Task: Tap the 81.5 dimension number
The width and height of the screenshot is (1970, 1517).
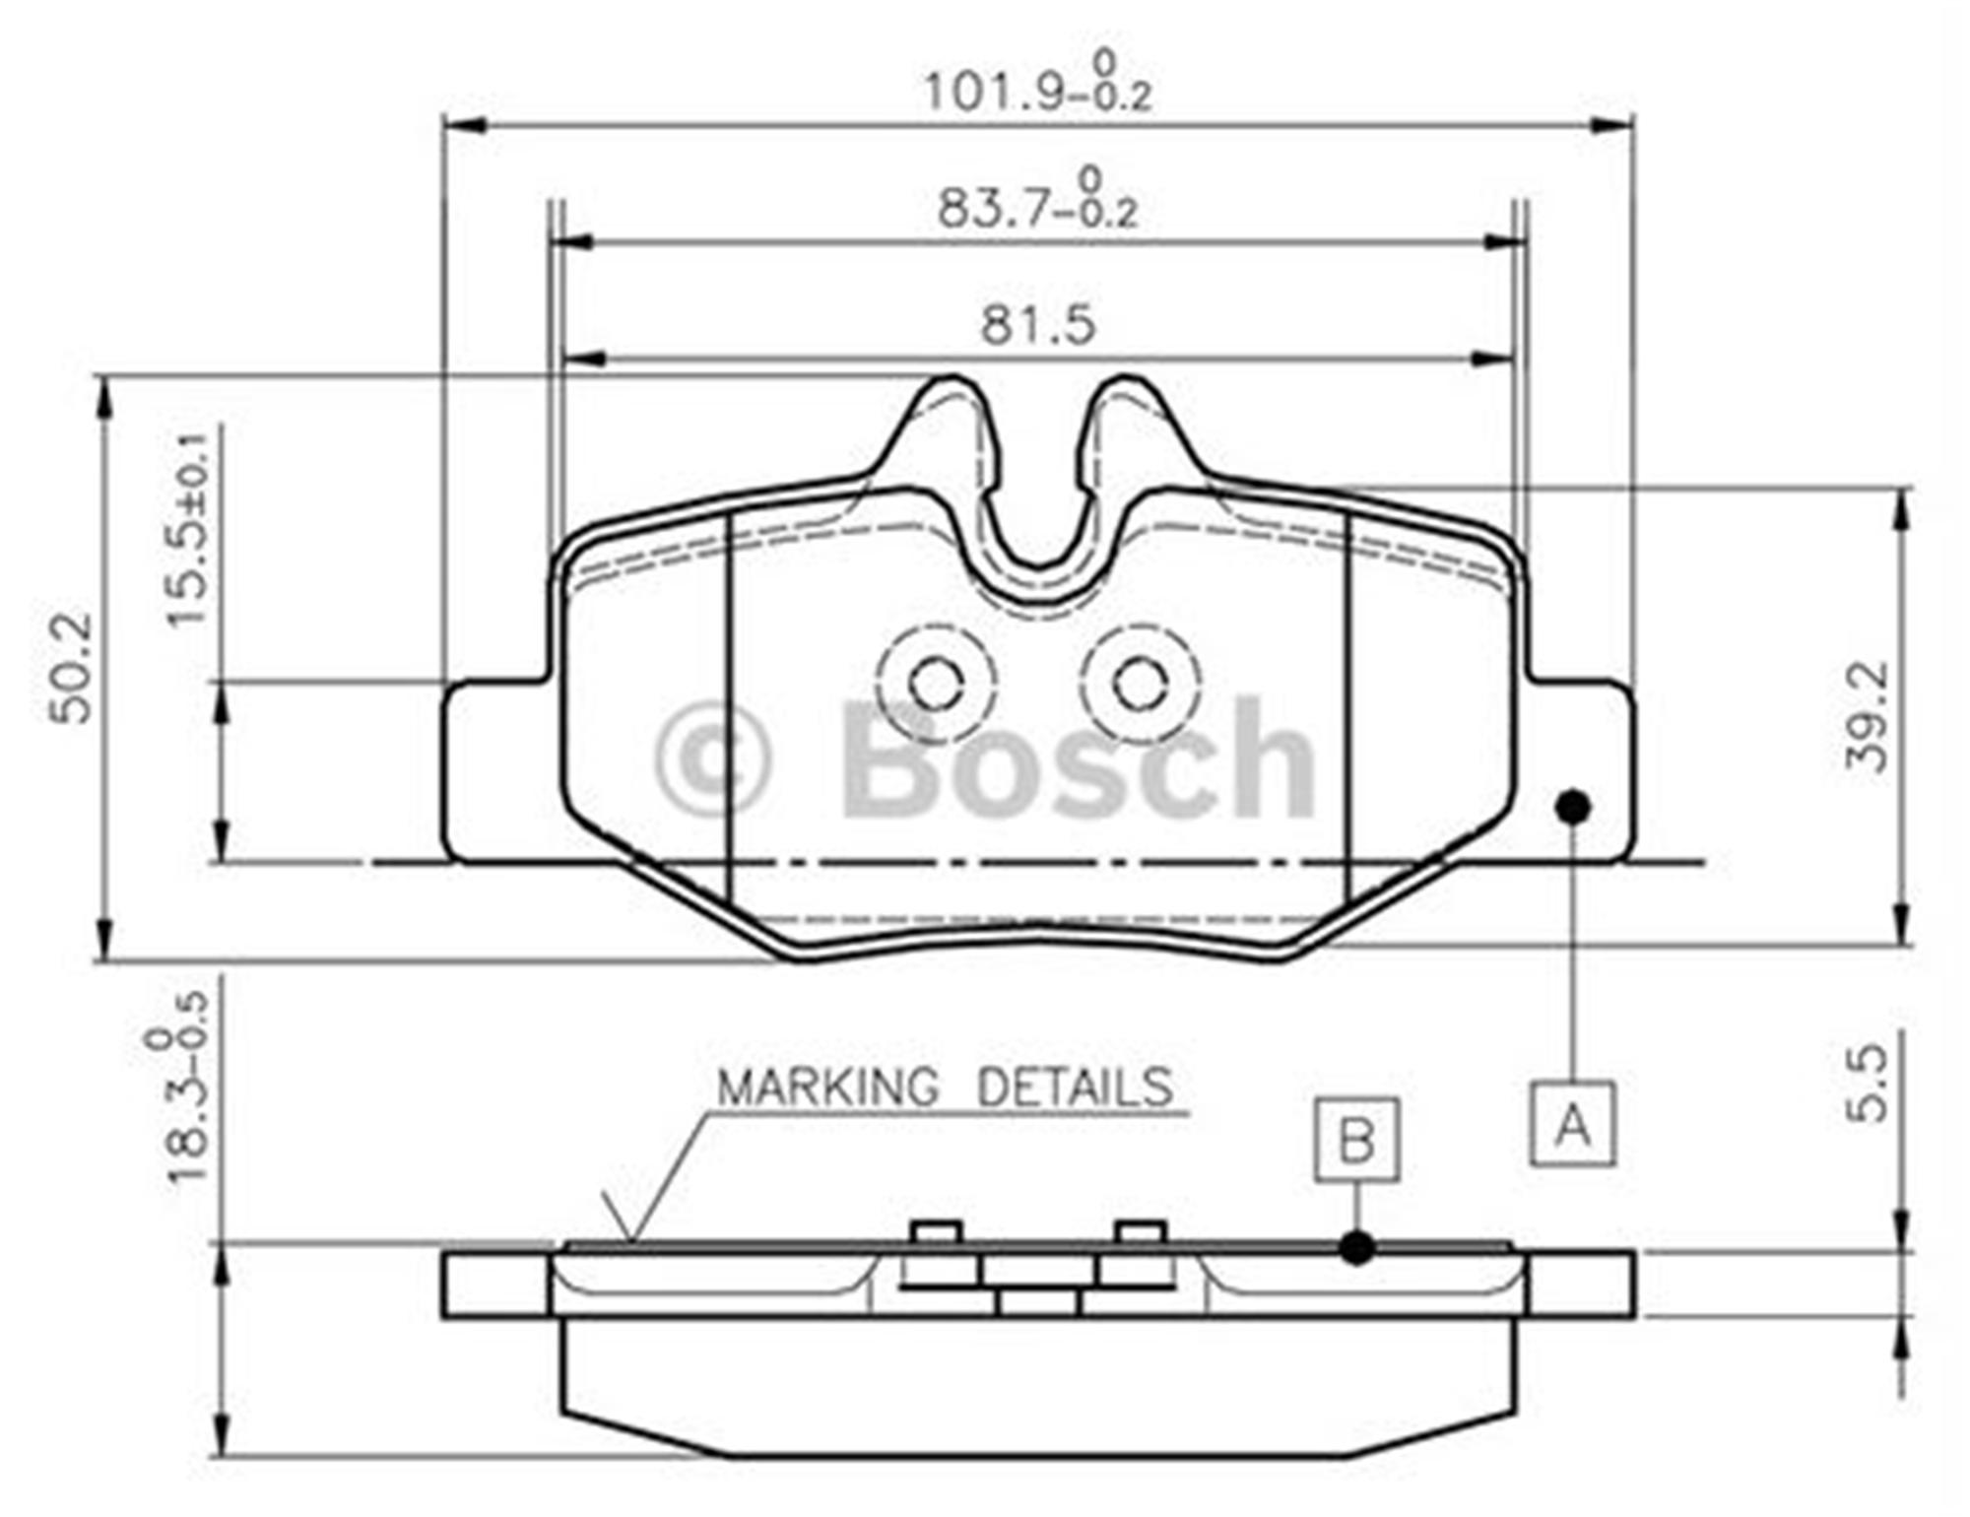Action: tap(1037, 325)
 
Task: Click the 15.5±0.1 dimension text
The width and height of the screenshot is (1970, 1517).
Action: tap(187, 529)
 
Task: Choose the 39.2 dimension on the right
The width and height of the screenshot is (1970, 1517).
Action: tap(1868, 716)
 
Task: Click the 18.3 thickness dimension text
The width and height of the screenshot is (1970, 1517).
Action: tap(177, 1087)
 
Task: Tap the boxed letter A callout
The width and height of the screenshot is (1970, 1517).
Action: tap(1572, 1124)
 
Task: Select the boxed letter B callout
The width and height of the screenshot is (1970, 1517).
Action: tap(1356, 1140)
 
